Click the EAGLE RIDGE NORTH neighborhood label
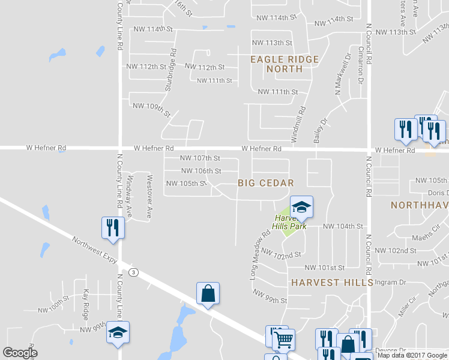pos(276,64)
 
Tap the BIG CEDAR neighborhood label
pos(265,183)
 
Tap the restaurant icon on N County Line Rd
pos(113,227)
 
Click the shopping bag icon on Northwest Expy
pos(208,294)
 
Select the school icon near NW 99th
pos(118,332)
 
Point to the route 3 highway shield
pos(133,272)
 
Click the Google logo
pos(20,353)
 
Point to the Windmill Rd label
pos(300,125)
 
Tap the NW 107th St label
pos(200,158)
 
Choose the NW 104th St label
pos(343,226)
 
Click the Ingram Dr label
pos(390,282)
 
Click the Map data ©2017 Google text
pos(411,355)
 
